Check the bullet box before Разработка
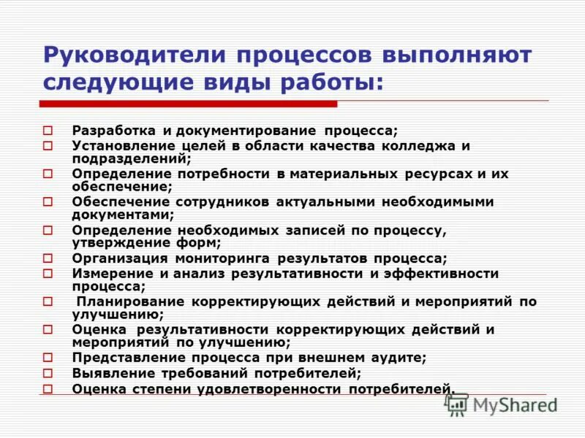(x=48, y=131)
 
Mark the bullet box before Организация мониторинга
(x=48, y=258)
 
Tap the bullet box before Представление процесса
(x=48, y=358)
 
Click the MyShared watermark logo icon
(x=456, y=404)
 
